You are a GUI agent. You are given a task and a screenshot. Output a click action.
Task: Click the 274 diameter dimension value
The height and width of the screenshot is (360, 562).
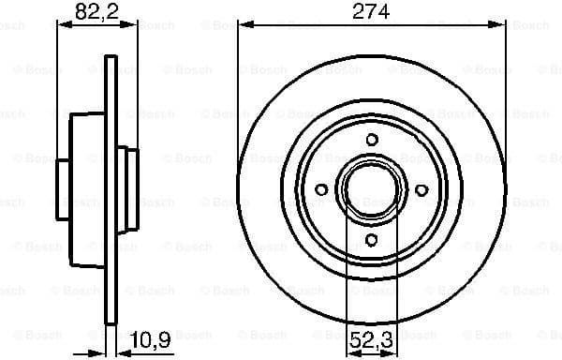coord(372,12)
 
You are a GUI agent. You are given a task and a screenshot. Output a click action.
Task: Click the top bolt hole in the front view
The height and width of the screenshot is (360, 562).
coord(372,141)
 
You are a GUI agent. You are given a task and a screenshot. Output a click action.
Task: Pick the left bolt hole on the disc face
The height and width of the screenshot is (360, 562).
coord(321,190)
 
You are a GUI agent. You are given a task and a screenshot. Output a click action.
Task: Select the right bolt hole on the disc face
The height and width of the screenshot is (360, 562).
coord(421,190)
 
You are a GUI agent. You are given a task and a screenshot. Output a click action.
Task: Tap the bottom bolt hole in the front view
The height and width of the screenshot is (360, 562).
coord(372,241)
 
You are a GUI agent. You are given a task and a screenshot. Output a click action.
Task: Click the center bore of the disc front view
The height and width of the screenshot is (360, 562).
coord(372,190)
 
